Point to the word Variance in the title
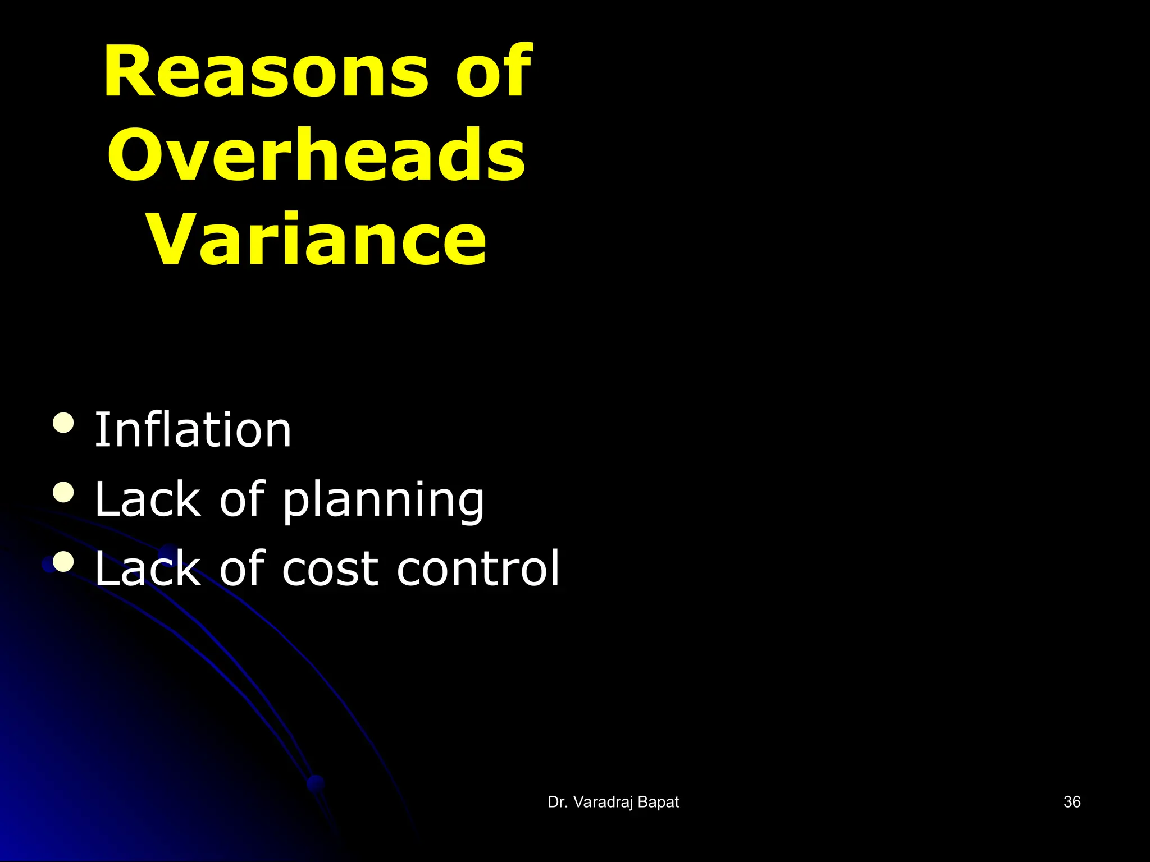317,240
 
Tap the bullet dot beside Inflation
63,423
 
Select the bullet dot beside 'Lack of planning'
63,492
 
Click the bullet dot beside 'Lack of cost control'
63,562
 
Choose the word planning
383,501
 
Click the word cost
331,570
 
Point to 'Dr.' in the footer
558,803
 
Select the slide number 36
1072,802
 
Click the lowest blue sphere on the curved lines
316,783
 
